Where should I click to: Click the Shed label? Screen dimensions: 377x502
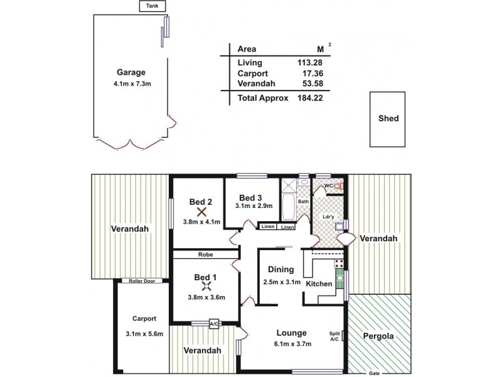[x=388, y=118]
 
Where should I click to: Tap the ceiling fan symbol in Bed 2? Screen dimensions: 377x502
[x=201, y=212]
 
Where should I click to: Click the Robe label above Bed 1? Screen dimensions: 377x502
[x=205, y=256]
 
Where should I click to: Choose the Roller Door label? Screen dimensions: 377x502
[x=142, y=281]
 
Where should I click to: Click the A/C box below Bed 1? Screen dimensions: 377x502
[x=214, y=324]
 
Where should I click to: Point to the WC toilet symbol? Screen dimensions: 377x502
[x=339, y=187]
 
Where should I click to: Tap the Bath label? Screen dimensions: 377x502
[x=303, y=201]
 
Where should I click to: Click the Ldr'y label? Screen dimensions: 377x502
[x=328, y=217]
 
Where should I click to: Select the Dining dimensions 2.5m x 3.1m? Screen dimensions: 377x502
[x=281, y=281]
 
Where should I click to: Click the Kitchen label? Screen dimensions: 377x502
[x=319, y=284]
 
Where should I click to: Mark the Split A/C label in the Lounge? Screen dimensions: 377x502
[x=335, y=336]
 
